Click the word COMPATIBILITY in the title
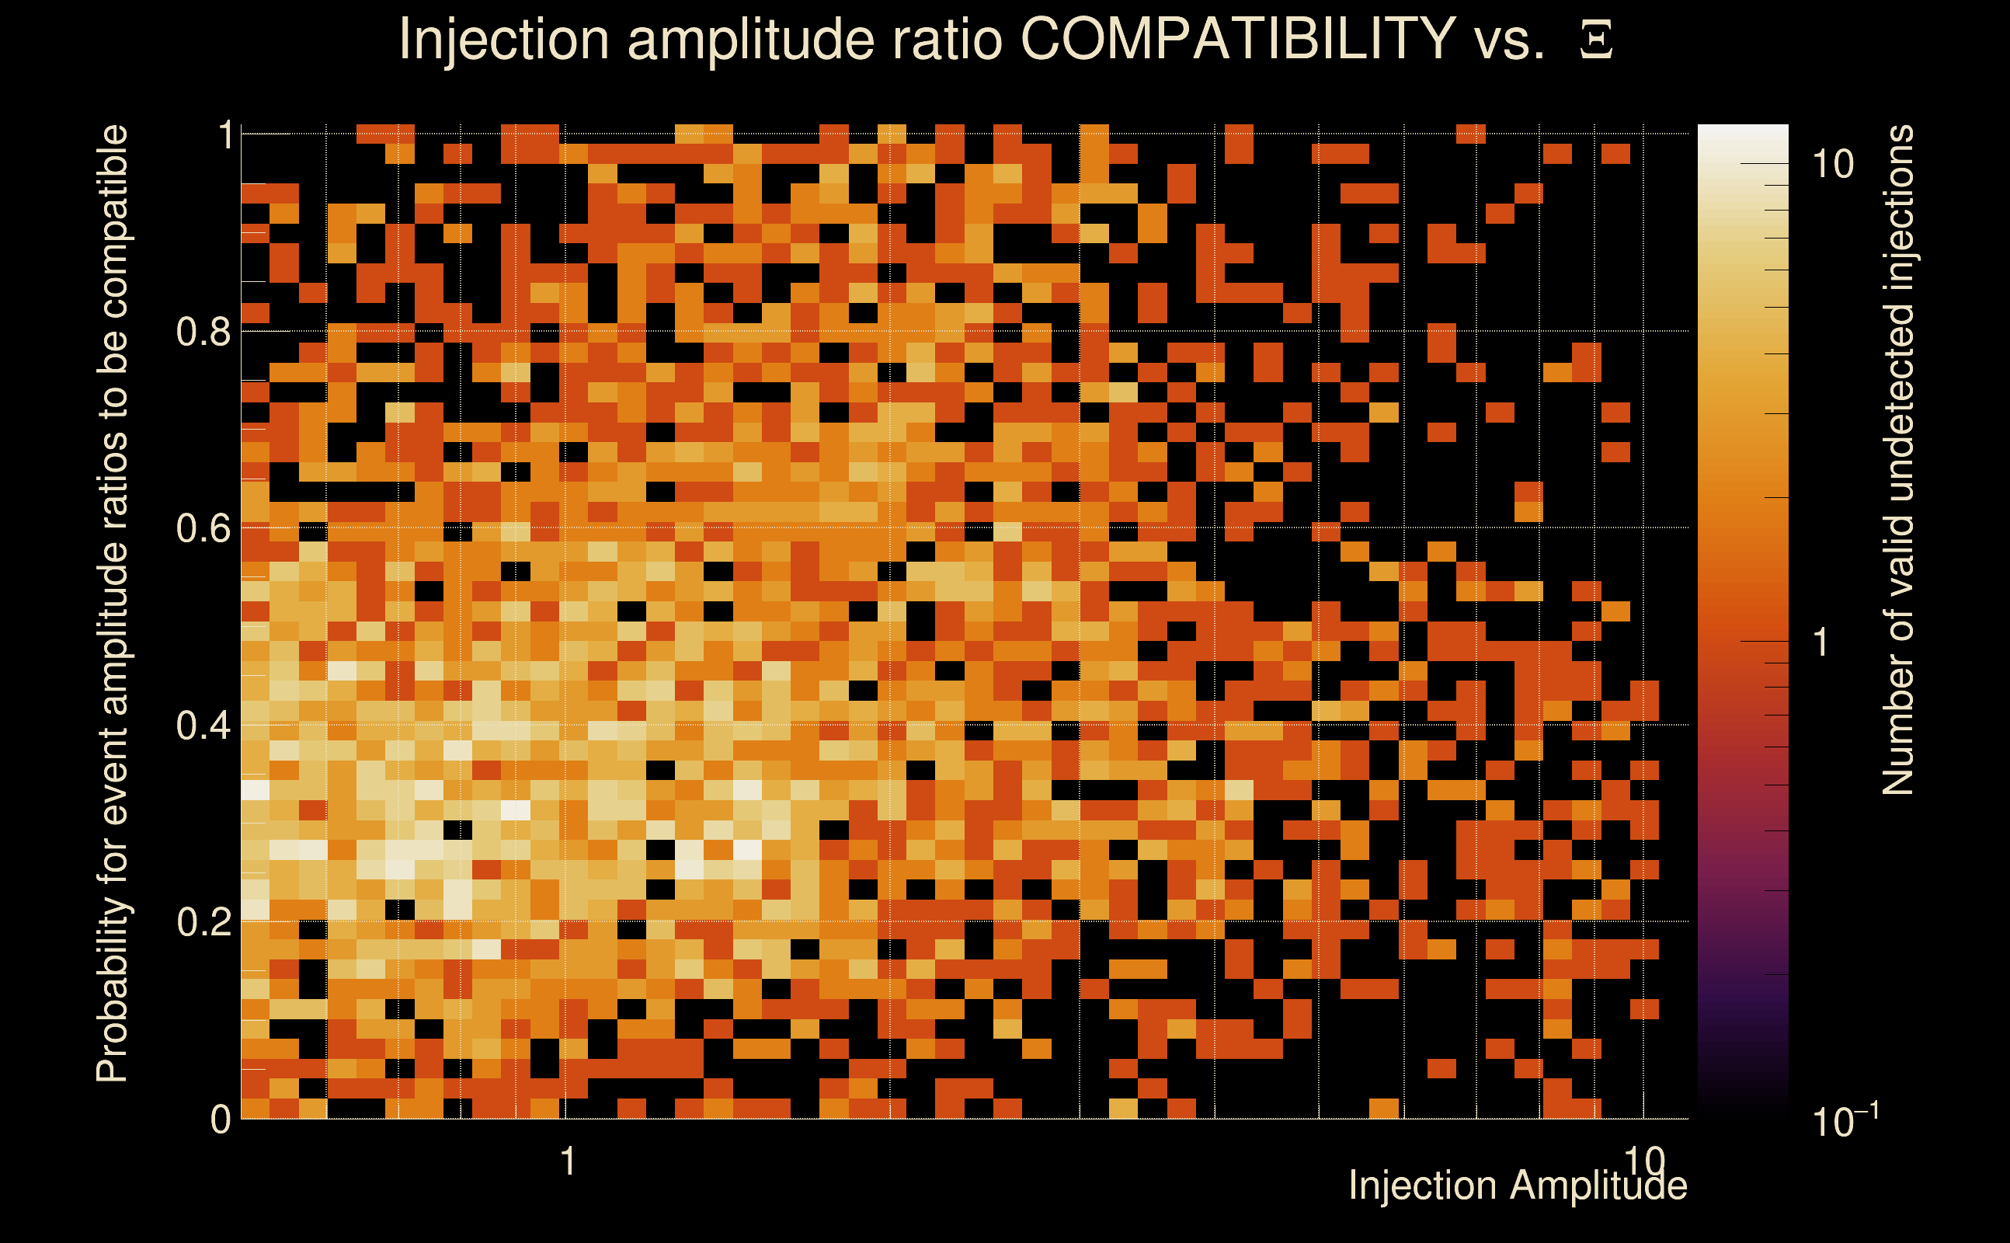pos(1238,39)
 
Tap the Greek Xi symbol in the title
pos(1596,40)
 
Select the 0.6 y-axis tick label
pos(203,527)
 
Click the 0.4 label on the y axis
pos(203,725)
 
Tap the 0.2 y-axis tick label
pos(203,921)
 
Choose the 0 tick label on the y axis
pos(221,1119)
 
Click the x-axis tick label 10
pos(1644,1161)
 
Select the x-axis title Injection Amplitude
pos(1518,1186)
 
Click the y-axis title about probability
pos(113,604)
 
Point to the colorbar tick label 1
pos(1821,642)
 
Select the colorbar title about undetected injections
pos(1897,461)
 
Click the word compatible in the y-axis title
pos(113,222)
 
